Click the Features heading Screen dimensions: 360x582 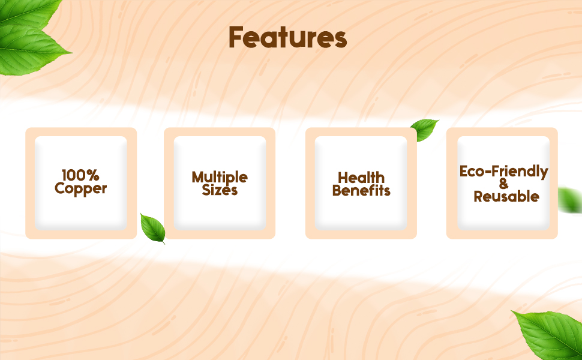coord(287,37)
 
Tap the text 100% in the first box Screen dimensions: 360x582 coord(80,176)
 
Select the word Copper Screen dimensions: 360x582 coord(80,189)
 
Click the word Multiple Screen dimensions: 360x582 coord(220,178)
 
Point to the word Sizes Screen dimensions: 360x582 coord(220,191)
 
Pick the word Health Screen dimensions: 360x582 coord(361,178)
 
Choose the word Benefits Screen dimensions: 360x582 coord(361,191)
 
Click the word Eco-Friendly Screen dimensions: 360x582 coord(503,172)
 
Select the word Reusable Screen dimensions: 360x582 coord(506,197)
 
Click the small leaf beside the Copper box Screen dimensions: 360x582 coord(152,228)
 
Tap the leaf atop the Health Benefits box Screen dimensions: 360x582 coord(424,129)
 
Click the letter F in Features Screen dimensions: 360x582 coord(236,38)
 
